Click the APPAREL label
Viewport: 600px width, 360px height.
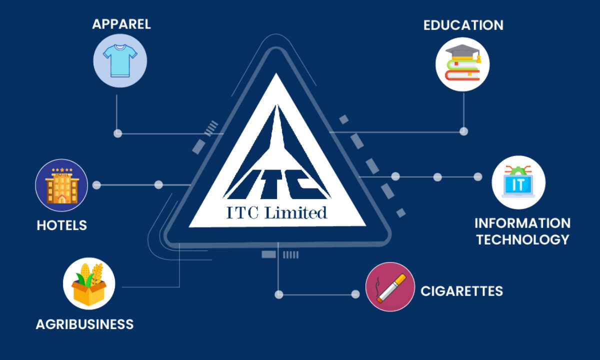[121, 24]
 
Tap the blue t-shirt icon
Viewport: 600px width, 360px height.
[120, 61]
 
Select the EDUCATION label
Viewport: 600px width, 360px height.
[463, 25]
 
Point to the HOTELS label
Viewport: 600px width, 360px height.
[62, 225]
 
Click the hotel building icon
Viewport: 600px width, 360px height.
[62, 185]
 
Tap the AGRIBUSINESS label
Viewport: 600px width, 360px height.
[84, 324]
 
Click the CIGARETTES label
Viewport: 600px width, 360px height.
[462, 291]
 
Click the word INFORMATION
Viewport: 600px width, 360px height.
[522, 223]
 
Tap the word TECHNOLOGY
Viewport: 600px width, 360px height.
[522, 239]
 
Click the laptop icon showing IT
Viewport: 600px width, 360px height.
[518, 182]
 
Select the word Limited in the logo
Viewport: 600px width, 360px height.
[295, 213]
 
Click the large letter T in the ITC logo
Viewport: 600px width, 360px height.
[271, 184]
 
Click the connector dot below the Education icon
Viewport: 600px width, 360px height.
[463, 131]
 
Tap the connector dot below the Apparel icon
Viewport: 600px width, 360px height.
[118, 133]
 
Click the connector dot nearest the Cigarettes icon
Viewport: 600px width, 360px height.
[355, 294]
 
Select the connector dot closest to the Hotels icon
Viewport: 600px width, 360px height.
[96, 185]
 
